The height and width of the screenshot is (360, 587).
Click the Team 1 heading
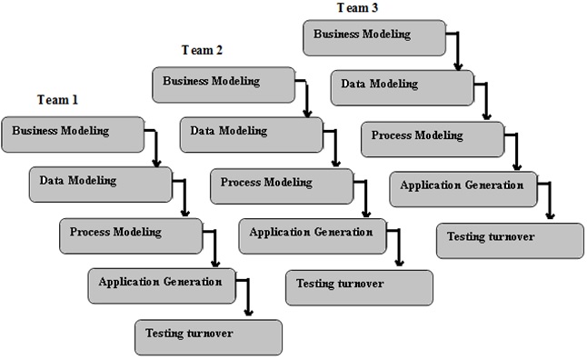[57, 98]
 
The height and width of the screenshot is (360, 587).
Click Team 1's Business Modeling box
[74, 133]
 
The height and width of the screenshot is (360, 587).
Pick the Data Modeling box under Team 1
[100, 183]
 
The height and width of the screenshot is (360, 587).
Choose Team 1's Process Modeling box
[130, 235]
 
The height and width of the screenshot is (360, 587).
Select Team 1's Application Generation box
[160, 285]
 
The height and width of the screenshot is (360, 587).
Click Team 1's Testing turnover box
[208, 336]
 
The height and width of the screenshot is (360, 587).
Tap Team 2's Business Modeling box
[224, 84]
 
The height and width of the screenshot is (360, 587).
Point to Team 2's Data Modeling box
[251, 134]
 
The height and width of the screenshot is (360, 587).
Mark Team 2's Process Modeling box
[281, 185]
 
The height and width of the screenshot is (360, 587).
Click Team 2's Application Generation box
[311, 235]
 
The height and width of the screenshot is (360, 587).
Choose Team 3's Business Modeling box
[374, 37]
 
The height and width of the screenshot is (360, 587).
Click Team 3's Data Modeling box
[402, 87]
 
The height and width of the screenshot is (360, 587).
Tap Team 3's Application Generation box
[462, 189]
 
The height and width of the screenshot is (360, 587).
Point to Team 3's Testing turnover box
[510, 240]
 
